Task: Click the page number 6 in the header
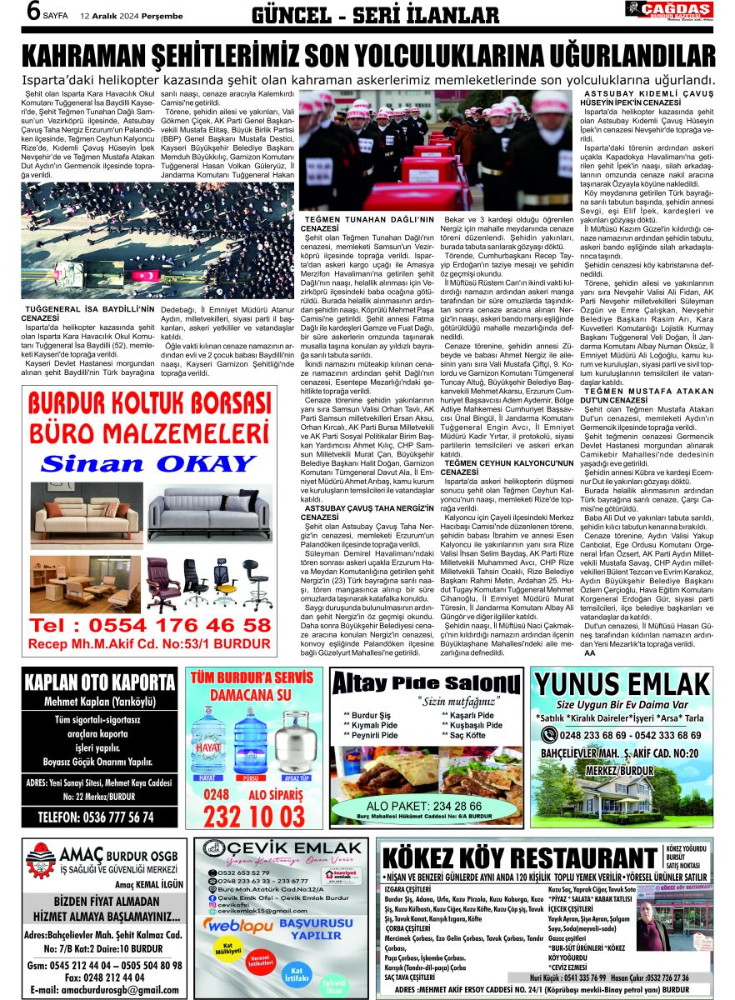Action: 33,12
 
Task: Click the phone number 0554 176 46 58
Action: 151,624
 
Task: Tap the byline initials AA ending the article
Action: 589,652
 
